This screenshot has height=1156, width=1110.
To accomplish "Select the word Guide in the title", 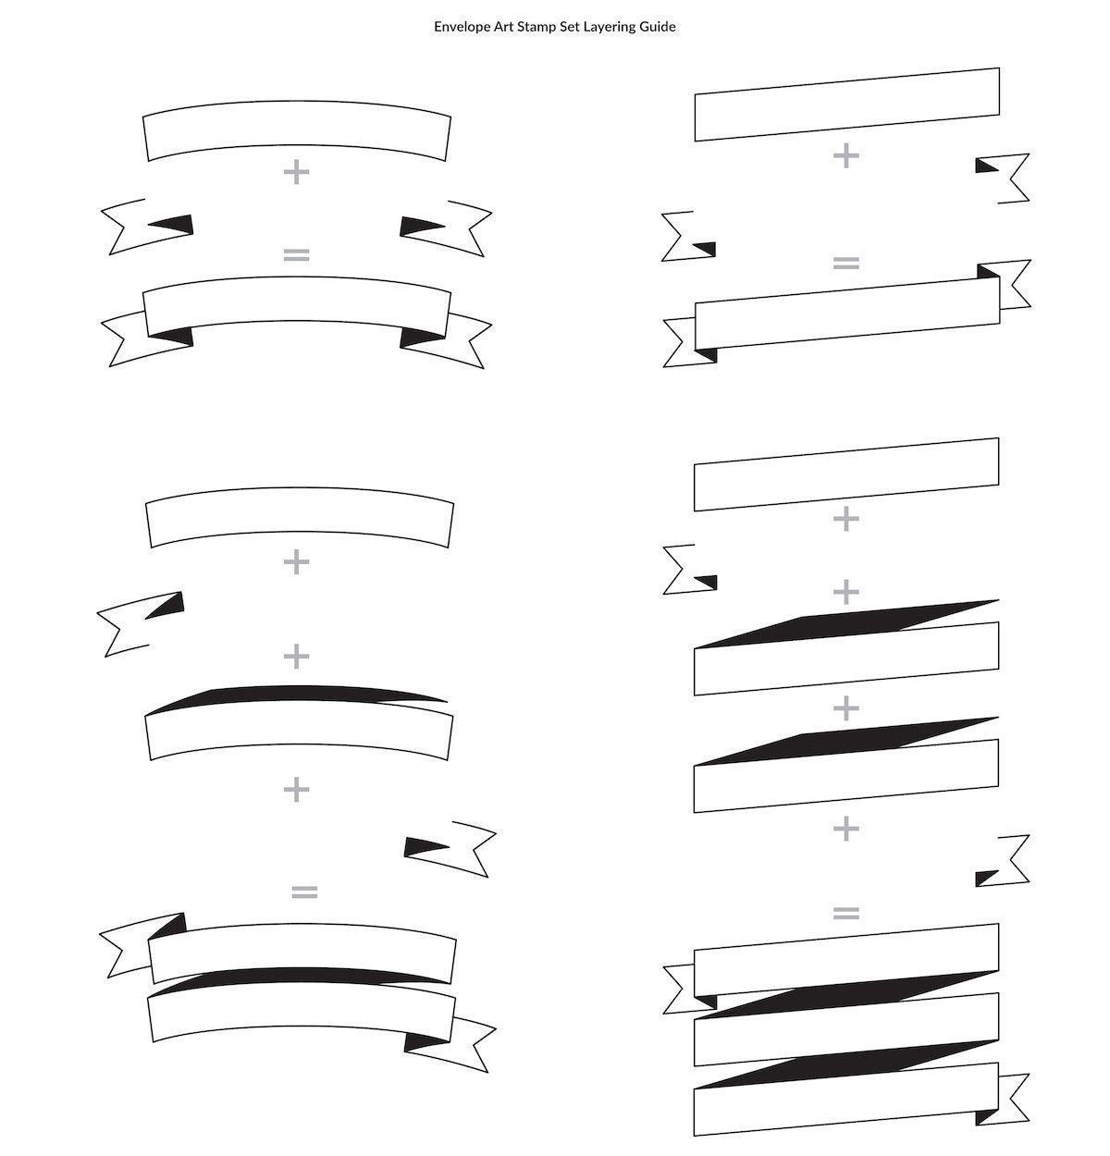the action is point(658,27).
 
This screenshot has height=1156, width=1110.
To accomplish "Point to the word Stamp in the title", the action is point(536,28).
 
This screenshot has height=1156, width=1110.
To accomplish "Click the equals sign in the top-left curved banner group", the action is point(297,255).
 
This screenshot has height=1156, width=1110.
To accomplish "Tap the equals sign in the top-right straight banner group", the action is point(846,263).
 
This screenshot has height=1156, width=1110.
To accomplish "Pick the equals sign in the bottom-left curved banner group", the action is point(305,892).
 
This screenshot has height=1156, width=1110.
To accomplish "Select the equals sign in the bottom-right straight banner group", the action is point(846,913).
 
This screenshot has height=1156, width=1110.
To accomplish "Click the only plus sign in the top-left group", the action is point(297,172).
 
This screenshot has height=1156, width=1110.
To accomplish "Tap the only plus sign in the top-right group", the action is point(846,155).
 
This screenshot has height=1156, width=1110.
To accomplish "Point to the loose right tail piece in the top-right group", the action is point(1011,178).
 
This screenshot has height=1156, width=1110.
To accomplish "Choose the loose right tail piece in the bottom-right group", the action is point(1011,860).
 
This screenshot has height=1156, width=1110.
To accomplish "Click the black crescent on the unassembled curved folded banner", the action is point(297,694).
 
